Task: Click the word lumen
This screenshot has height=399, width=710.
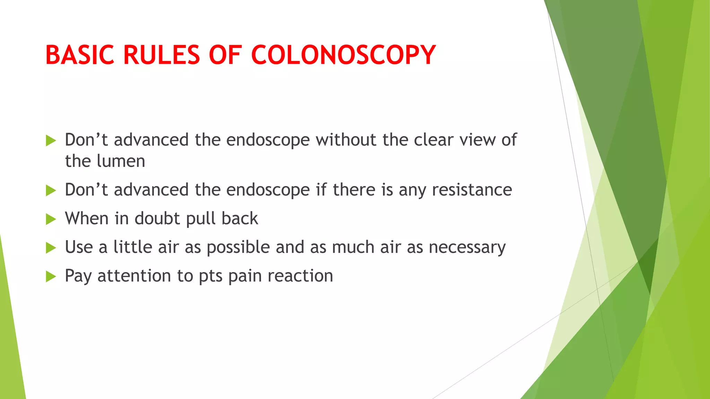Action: [121, 161]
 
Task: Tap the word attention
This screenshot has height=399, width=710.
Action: [135, 276]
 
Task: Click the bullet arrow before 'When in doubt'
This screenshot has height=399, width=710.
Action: [51, 219]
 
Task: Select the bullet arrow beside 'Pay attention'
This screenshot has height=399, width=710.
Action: [51, 276]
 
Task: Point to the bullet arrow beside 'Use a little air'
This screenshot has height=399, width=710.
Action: [51, 248]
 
